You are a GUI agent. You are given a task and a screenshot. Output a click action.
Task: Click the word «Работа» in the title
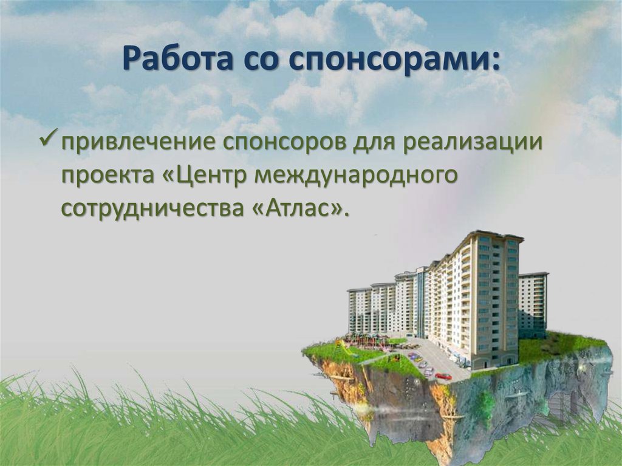pos(168,60)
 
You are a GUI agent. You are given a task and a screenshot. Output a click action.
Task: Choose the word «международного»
pos(355,176)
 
